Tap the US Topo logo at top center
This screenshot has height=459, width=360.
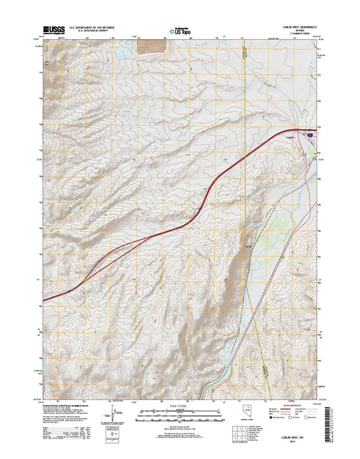click(180, 32)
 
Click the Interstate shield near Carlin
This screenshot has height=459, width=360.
click(311, 134)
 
